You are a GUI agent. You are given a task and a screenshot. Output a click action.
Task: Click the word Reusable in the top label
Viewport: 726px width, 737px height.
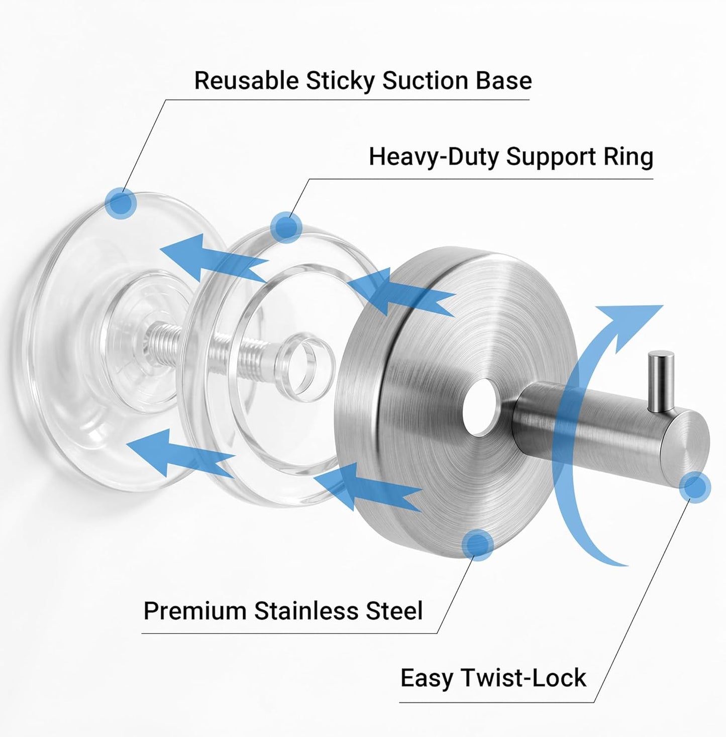click(246, 81)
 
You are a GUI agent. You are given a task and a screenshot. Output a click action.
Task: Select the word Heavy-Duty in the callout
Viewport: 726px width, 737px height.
click(434, 157)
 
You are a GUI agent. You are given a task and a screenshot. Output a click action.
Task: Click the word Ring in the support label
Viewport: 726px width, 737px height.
click(628, 158)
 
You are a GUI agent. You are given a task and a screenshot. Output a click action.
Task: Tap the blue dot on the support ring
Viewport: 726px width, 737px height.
click(286, 227)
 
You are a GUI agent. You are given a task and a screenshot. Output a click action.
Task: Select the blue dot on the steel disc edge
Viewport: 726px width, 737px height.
click(477, 545)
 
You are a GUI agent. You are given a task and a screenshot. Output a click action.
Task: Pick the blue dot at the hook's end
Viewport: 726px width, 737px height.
click(695, 487)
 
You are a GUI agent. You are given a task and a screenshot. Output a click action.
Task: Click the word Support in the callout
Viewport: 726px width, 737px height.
click(551, 158)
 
